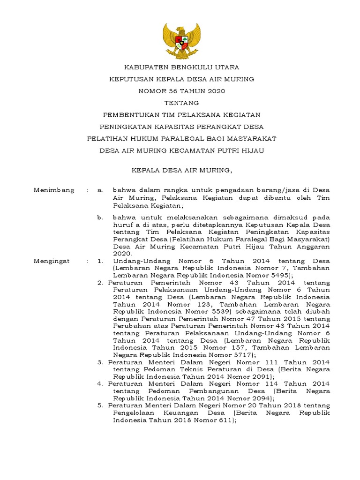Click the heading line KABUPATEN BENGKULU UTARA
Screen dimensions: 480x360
click(181, 67)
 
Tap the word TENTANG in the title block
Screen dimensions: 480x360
click(181, 103)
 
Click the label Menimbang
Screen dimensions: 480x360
click(54, 190)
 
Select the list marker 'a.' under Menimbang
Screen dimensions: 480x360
click(99, 190)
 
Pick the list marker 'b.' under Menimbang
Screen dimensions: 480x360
click(99, 218)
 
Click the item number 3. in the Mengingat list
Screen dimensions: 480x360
click(101, 362)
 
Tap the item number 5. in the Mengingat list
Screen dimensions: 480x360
click(101, 405)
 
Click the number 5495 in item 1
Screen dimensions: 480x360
click(279, 275)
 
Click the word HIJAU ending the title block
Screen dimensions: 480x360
click(251, 150)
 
